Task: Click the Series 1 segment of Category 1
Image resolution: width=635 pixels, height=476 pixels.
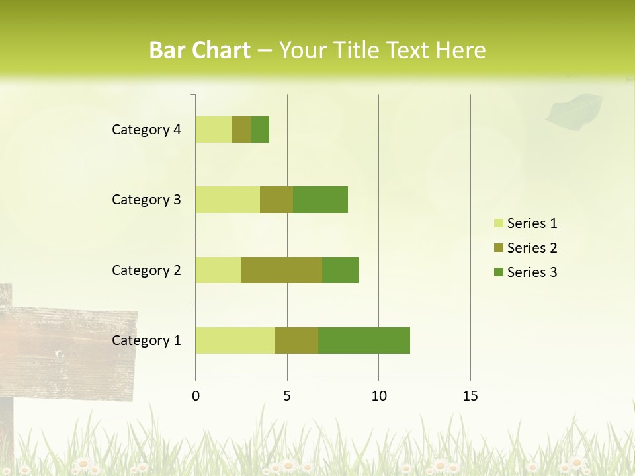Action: click(x=235, y=340)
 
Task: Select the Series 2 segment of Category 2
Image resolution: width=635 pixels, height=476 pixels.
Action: click(x=282, y=270)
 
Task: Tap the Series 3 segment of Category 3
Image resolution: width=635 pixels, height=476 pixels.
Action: click(x=320, y=200)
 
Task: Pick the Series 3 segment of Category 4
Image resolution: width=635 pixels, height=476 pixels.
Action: click(x=260, y=130)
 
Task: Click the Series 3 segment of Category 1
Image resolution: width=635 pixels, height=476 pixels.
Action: click(x=364, y=340)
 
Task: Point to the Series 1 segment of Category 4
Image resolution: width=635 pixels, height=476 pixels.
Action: click(x=214, y=130)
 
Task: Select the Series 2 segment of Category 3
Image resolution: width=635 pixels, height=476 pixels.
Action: click(x=276, y=200)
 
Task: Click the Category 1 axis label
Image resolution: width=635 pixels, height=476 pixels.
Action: click(x=146, y=340)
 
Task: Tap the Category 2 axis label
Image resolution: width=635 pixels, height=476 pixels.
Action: click(x=146, y=270)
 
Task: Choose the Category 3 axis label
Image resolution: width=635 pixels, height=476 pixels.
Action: click(x=146, y=200)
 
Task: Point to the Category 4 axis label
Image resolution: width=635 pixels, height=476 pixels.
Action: click(x=146, y=130)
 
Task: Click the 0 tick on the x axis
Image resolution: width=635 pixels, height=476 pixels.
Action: click(x=196, y=396)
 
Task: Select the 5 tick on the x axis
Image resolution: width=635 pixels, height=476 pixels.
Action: click(x=287, y=396)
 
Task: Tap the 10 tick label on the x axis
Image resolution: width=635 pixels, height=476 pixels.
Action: click(x=378, y=396)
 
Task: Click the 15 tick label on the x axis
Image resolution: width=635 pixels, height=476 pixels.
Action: click(x=470, y=396)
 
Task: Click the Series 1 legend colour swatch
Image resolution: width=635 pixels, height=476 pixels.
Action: click(x=498, y=223)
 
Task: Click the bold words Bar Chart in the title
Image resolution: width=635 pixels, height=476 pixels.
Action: click(x=200, y=50)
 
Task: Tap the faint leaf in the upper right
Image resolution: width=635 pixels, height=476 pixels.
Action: click(x=573, y=110)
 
